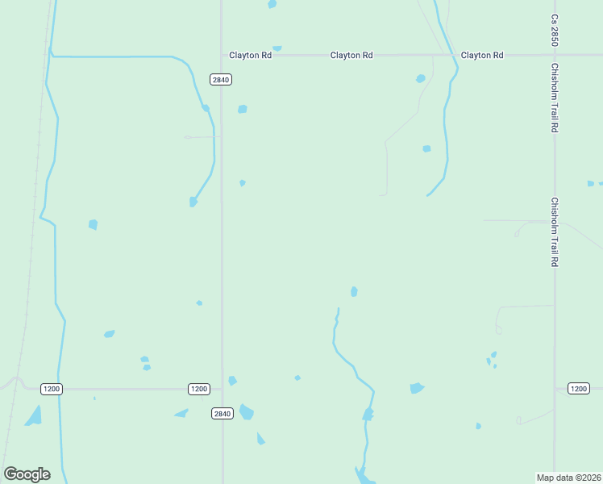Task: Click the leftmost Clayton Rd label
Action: pyautogui.click(x=250, y=55)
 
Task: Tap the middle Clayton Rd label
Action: pyautogui.click(x=351, y=55)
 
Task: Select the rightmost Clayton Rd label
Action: pyautogui.click(x=482, y=55)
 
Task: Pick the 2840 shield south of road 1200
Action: pyautogui.click(x=222, y=413)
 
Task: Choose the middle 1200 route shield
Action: pyautogui.click(x=199, y=389)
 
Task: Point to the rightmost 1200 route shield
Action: pyautogui.click(x=578, y=389)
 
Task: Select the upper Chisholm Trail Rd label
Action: pyautogui.click(x=555, y=98)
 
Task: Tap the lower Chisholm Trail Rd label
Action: pyautogui.click(x=555, y=232)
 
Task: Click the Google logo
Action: pyautogui.click(x=27, y=474)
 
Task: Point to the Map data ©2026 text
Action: pyautogui.click(x=568, y=477)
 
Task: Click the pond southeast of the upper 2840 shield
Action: pyautogui.click(x=242, y=109)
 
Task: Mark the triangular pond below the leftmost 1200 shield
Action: pyautogui.click(x=34, y=416)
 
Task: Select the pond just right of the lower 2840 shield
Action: pyautogui.click(x=247, y=412)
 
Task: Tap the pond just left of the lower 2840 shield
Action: pyautogui.click(x=181, y=413)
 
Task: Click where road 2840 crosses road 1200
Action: pyautogui.click(x=222, y=389)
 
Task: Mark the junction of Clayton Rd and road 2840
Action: pyautogui.click(x=222, y=55)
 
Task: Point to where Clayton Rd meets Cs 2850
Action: pyautogui.click(x=555, y=55)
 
